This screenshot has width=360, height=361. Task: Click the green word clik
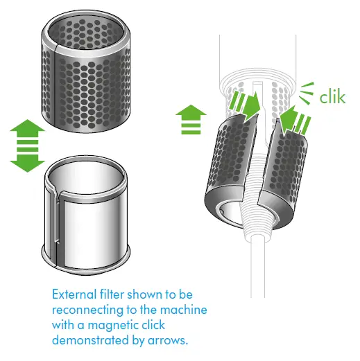tap(332, 97)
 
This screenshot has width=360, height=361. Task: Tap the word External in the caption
tap(74, 294)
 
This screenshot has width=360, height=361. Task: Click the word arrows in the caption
tap(168, 341)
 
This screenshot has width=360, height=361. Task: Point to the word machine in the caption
tap(184, 310)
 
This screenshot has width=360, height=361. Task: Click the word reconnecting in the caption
tap(87, 310)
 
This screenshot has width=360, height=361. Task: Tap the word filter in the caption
tap(112, 294)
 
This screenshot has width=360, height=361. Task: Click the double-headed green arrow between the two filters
tap(27, 146)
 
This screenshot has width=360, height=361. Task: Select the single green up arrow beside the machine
tap(191, 119)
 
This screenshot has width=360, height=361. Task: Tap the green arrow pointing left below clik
tap(295, 120)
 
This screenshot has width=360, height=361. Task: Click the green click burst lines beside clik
tap(307, 94)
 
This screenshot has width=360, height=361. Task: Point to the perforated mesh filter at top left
tap(86, 71)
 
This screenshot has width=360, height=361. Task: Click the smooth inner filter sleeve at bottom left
tap(86, 215)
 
